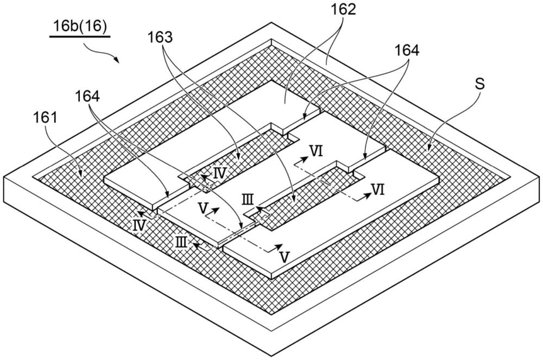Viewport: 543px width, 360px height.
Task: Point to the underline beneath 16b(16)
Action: tap(79, 37)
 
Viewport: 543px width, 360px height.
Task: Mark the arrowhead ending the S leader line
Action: tap(428, 148)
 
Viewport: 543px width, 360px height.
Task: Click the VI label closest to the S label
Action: tap(379, 190)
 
